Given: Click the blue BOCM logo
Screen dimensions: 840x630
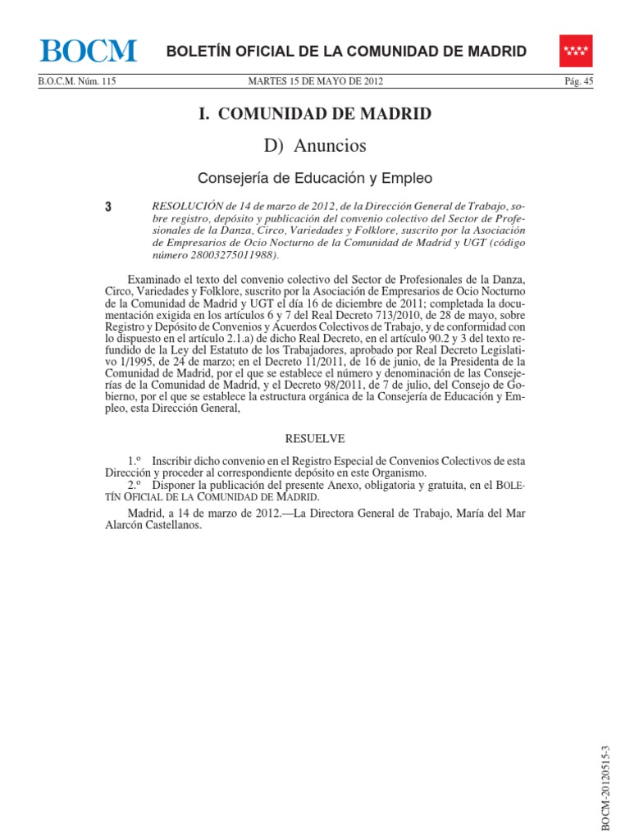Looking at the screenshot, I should click(x=88, y=52).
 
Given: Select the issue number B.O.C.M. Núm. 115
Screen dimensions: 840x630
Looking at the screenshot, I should click(x=77, y=81).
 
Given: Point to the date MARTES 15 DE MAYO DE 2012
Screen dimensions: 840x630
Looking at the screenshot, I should click(x=315, y=81).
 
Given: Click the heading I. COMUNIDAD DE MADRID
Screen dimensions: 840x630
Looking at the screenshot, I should click(x=315, y=113).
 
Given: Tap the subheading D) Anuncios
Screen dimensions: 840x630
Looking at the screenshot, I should click(x=315, y=146).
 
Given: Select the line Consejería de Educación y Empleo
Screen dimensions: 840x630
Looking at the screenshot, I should click(x=315, y=178).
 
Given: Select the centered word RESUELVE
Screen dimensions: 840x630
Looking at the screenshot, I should click(x=314, y=438).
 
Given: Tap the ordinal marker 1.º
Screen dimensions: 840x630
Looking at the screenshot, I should click(x=135, y=461).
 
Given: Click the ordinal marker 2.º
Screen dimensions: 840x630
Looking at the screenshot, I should click(x=135, y=486).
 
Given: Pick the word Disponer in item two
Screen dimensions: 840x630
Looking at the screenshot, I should click(x=176, y=486).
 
